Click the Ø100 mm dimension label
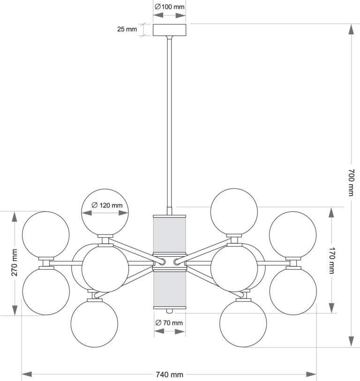coord(169,7)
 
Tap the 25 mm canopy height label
coord(127,29)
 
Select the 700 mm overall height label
coord(351,182)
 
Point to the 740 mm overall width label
coord(169,374)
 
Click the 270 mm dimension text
coord(15,262)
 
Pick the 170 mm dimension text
coord(332,261)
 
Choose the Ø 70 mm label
coord(169,323)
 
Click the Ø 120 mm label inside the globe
coord(107,205)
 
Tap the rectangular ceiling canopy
coord(169,30)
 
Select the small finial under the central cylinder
coord(169,311)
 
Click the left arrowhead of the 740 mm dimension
coord(27,374)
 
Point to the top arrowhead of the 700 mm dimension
coord(351,29)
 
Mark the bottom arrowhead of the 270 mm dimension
coord(15,310)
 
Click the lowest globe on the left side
coord(94,324)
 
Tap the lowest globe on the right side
coord(243,323)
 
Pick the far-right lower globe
coord(293,291)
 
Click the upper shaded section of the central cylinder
coord(169,235)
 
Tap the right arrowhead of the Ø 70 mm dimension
coord(180,331)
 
